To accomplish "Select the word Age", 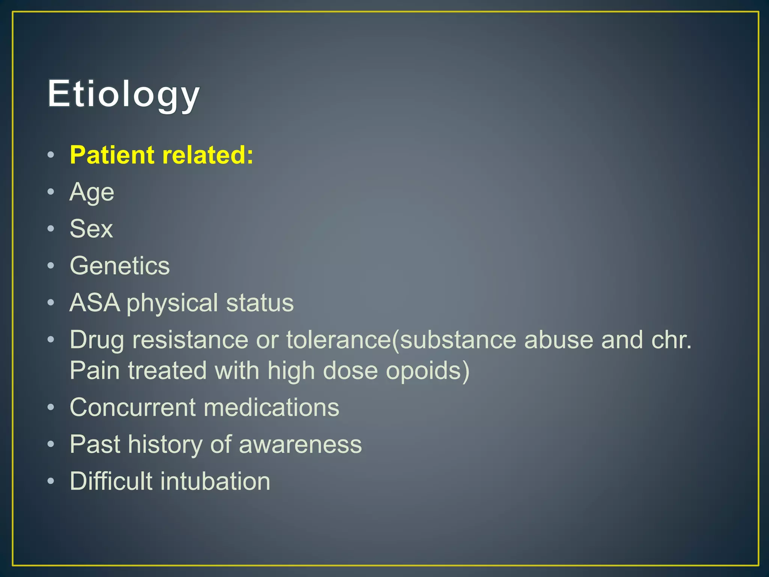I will pyautogui.click(x=92, y=193).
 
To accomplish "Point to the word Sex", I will pyautogui.click(x=91, y=229).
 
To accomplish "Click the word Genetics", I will pyautogui.click(x=120, y=266).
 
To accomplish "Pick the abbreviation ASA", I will pyautogui.click(x=95, y=303).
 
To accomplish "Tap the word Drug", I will pyautogui.click(x=97, y=340).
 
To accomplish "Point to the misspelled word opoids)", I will pyautogui.click(x=428, y=371).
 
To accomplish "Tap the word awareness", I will pyautogui.click(x=300, y=444).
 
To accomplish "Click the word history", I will pyautogui.click(x=165, y=444).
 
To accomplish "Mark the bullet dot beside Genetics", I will pyautogui.click(x=51, y=266).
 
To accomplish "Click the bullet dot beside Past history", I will pyautogui.click(x=51, y=445).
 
